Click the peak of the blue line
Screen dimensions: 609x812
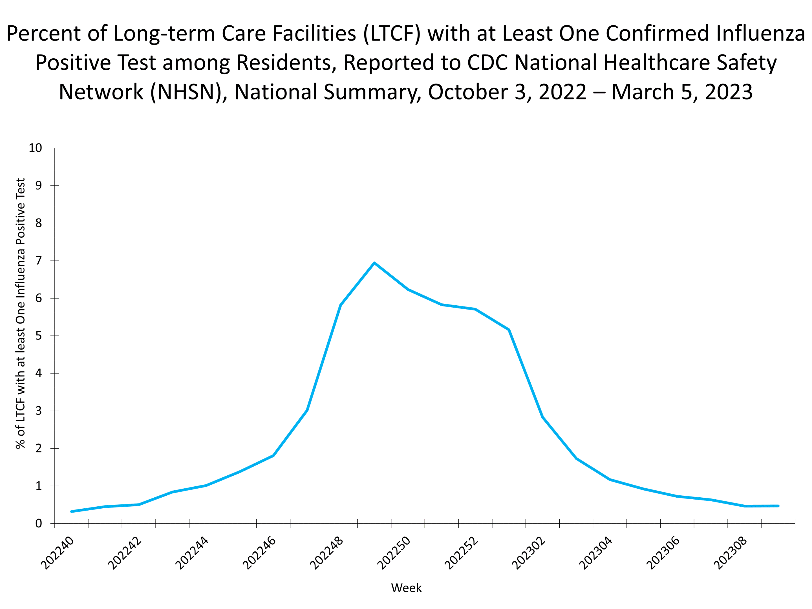(374, 263)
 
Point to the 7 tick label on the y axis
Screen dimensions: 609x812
(39, 261)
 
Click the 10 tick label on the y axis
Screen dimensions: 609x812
(36, 148)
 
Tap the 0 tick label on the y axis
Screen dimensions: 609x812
(39, 524)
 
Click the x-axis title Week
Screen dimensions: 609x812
(406, 588)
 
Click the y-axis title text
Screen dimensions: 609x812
(21, 314)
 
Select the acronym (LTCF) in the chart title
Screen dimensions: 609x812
(392, 33)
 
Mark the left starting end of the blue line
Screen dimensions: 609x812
(71, 511)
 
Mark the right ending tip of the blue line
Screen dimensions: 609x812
(778, 506)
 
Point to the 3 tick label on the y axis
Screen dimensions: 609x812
(39, 411)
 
